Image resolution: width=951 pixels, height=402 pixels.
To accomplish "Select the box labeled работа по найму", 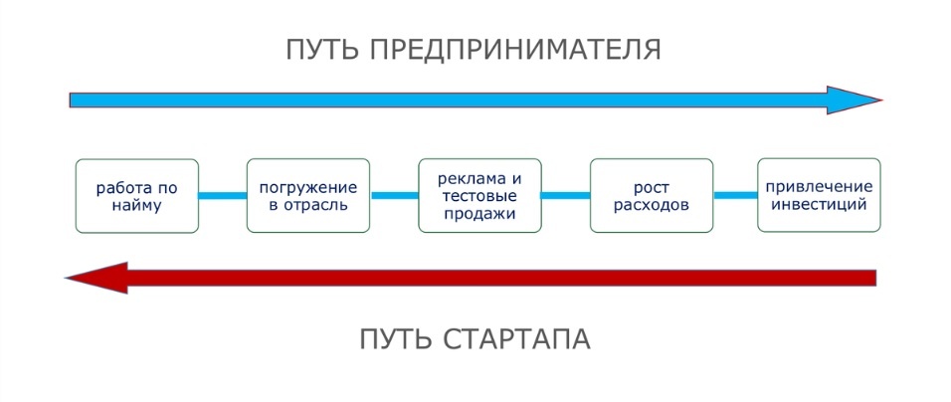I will point(136,196).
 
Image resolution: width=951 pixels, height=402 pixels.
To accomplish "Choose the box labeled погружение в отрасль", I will point(307,196).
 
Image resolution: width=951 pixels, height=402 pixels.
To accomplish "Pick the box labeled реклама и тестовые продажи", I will point(479,196).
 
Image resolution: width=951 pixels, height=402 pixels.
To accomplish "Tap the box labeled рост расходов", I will point(652,196).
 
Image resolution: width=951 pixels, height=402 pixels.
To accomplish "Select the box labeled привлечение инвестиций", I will point(819,195).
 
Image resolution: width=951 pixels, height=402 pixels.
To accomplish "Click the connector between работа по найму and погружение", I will point(222,196).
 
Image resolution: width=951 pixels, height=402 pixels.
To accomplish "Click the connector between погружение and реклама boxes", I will point(394,196).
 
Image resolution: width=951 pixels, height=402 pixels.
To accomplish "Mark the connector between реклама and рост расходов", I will point(565,196).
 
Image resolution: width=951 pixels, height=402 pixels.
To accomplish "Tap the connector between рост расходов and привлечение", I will point(735,195).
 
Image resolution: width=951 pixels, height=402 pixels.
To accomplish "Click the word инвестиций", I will point(819,205).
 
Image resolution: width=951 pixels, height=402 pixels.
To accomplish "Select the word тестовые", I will point(479,196).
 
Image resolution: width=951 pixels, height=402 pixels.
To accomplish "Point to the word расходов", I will point(652,206).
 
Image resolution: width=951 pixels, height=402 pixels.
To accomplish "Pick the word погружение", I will point(307,187).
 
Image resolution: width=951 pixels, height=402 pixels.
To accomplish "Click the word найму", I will point(136,206).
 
